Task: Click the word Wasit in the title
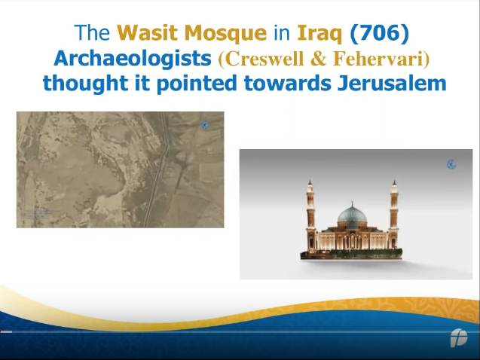tap(148, 33)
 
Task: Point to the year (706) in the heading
tap(379, 33)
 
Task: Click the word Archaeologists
tap(133, 58)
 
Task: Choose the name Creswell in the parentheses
tap(261, 59)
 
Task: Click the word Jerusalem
tap(392, 83)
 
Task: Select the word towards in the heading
tap(287, 83)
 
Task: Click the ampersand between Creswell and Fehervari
tap(318, 59)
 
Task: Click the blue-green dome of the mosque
tap(352, 215)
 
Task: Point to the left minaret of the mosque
tap(310, 215)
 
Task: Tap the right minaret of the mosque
tap(394, 215)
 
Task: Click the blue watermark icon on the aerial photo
tap(205, 125)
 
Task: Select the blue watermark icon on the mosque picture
tap(451, 164)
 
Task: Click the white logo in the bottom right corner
tap(459, 338)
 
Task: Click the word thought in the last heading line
tap(85, 83)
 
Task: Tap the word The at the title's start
tap(92, 33)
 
